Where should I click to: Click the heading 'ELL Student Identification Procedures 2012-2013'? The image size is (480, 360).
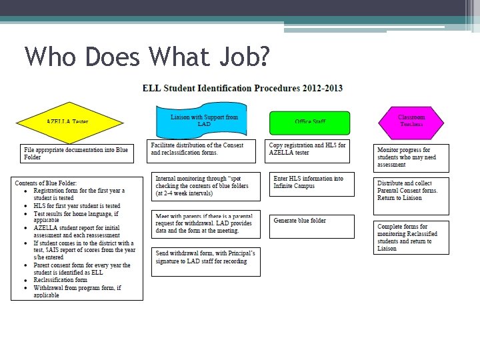pyautogui.click(x=242, y=88)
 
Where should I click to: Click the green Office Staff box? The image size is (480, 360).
pyautogui.click(x=309, y=122)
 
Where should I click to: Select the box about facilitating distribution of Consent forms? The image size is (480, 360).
pyautogui.click(x=202, y=152)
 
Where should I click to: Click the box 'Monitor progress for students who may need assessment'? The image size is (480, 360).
pyautogui.click(x=411, y=158)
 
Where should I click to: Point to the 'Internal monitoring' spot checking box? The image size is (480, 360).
pyautogui.click(x=205, y=186)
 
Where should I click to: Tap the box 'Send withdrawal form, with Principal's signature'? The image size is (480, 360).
pyautogui.click(x=205, y=261)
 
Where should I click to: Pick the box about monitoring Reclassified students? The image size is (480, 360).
pyautogui.click(x=411, y=237)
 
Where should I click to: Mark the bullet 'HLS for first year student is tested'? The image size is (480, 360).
pyautogui.click(x=77, y=206)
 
